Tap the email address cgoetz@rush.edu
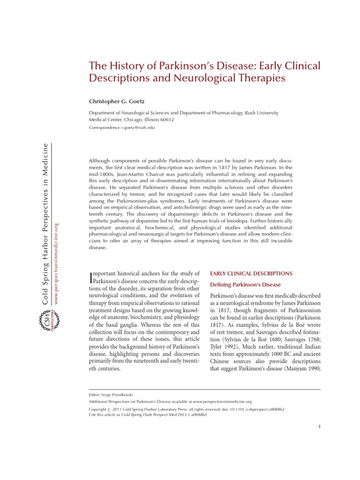pyautogui.click(x=138, y=127)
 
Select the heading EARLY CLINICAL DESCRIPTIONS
pyautogui.click(x=251, y=273)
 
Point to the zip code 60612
pyautogui.click(x=165, y=120)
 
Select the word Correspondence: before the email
pyautogui.click(x=104, y=127)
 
